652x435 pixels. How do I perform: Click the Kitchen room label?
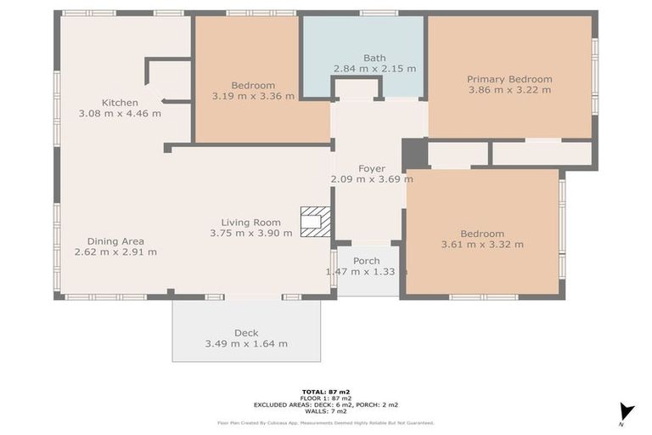120,103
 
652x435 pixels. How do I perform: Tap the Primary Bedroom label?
509,79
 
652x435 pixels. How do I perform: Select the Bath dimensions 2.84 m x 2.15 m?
374,69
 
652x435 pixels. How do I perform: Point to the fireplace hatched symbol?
316,222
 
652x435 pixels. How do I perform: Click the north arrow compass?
627,413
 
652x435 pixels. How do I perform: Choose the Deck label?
246,333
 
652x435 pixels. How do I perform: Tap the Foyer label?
372,168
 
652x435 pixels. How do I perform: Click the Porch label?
367,261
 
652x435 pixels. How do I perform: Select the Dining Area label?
115,241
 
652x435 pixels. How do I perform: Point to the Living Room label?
250,223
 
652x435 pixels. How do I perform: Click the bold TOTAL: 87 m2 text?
326,392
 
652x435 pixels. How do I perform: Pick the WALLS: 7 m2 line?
326,411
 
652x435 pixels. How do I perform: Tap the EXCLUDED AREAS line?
326,404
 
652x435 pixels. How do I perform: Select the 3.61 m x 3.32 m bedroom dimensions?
482,245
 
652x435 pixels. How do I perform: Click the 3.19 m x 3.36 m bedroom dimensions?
253,96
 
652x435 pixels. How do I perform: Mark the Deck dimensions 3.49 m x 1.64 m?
246,344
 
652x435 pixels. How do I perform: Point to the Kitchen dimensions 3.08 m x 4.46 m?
120,113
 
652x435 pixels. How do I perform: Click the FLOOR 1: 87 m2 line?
326,398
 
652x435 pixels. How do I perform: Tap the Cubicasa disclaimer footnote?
326,423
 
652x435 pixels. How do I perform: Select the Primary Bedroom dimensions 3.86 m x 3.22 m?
509,90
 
